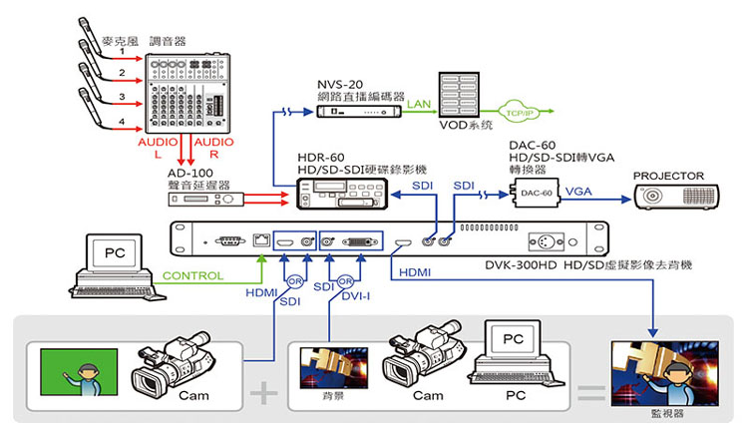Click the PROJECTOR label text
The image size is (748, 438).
point(668,177)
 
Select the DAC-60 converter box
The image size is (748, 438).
point(537,193)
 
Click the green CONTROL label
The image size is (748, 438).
point(192,275)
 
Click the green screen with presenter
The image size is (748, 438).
point(80,375)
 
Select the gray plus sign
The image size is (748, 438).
point(263,392)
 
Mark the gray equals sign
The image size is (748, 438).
point(591,392)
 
